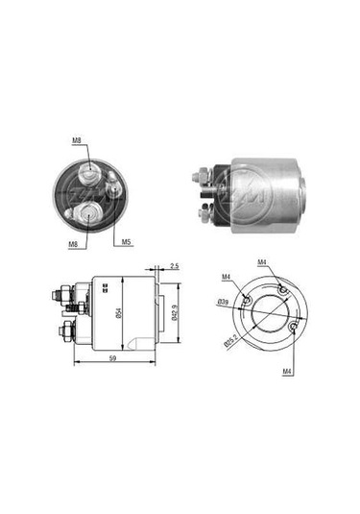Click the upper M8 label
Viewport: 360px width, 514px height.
click(x=78, y=141)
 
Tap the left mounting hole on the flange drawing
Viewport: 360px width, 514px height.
click(x=247, y=302)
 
